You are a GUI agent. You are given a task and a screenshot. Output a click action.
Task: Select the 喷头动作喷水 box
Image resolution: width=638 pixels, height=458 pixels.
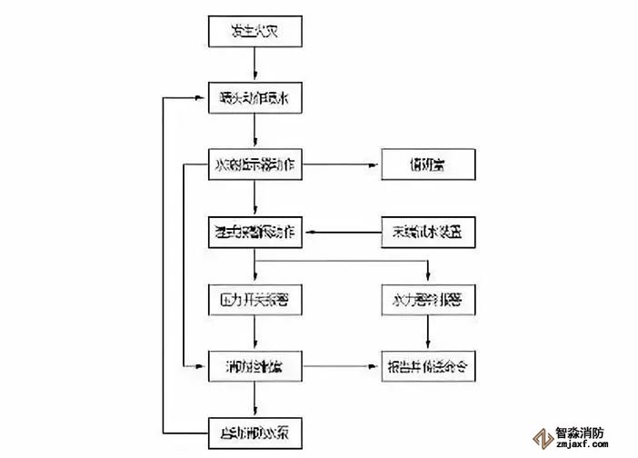[254, 97]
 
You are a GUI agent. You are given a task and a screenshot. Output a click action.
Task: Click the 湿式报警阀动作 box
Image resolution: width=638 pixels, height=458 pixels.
[254, 232]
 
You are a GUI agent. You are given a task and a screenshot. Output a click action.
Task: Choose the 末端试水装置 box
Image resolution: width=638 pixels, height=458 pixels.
[427, 232]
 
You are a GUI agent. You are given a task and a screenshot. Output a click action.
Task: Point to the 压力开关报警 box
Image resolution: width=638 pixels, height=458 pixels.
[254, 299]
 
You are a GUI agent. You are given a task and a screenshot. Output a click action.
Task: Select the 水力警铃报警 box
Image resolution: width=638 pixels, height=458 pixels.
[427, 299]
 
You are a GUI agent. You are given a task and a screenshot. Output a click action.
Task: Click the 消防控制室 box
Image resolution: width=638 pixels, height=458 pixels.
[254, 367]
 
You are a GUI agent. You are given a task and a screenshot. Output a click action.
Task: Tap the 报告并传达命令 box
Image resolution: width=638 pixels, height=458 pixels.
[427, 367]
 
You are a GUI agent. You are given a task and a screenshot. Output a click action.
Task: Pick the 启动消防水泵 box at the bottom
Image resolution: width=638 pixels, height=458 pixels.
[254, 431]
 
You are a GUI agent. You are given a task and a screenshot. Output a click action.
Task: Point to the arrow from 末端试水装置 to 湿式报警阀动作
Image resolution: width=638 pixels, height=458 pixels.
[341, 233]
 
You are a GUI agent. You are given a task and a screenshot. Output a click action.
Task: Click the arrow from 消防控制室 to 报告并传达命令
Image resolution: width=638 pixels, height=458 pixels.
[341, 367]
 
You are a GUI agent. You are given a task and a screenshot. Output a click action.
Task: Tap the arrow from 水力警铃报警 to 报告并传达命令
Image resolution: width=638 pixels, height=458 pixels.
[427, 333]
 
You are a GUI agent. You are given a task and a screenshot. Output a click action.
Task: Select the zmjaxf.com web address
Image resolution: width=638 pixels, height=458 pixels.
[591, 447]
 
